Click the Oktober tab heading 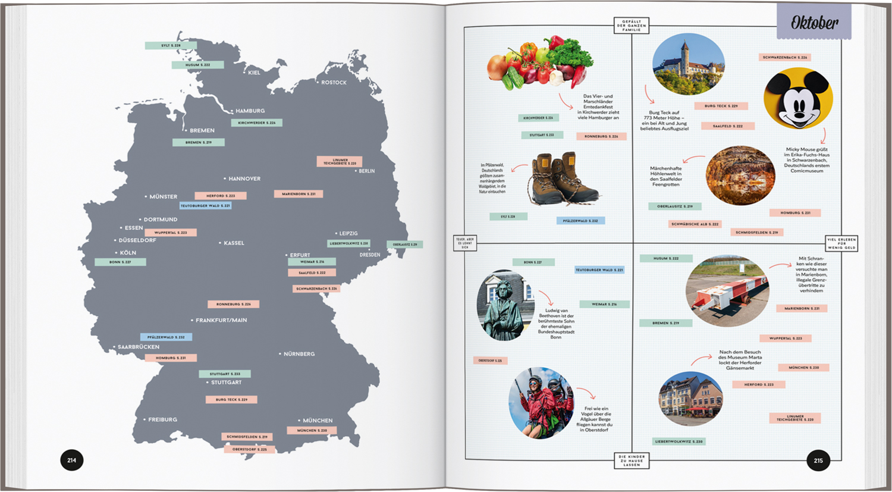click(x=814, y=23)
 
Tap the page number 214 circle click(x=72, y=460)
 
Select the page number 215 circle click(x=818, y=460)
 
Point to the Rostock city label click(x=333, y=83)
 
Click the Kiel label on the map click(x=253, y=73)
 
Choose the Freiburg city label click(x=162, y=419)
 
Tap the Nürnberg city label click(x=299, y=354)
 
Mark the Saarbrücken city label click(x=138, y=347)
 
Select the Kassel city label click(x=233, y=243)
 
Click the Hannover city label click(x=244, y=178)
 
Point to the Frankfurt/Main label click(x=221, y=320)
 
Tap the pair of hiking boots click(x=561, y=178)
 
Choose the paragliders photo click(x=541, y=403)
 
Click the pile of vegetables click(x=540, y=63)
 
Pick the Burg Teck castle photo click(x=688, y=64)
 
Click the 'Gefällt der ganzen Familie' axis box click(x=632, y=26)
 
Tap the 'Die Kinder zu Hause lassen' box click(x=632, y=460)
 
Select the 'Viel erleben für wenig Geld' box click(x=841, y=243)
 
